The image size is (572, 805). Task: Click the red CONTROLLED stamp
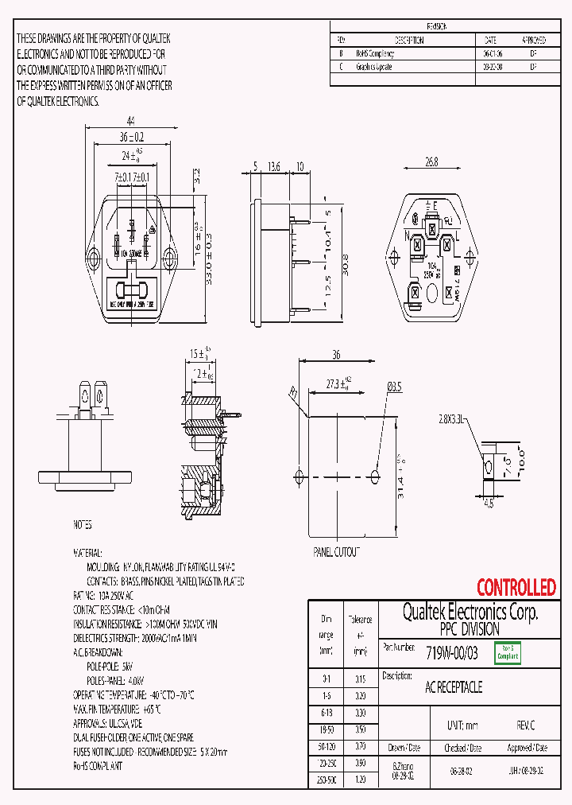point(516,588)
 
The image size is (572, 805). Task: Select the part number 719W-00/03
point(451,653)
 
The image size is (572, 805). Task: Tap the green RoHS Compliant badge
point(508,653)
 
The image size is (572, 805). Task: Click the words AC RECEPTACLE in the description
point(454,687)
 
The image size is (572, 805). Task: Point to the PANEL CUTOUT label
point(337,551)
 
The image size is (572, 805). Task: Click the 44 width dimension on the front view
point(130,119)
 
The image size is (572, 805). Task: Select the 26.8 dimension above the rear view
point(431,161)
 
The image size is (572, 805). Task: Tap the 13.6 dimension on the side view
point(274,166)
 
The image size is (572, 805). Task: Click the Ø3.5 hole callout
point(395,387)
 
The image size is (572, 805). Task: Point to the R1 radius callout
point(293,391)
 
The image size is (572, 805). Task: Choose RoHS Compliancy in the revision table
point(375,54)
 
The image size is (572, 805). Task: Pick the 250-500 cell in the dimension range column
point(326,781)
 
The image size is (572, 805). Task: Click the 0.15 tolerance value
point(360,679)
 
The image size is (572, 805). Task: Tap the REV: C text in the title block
point(526,726)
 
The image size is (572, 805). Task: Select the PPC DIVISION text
point(470,628)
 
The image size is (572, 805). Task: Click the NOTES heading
point(82,526)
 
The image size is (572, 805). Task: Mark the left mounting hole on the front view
point(95,256)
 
